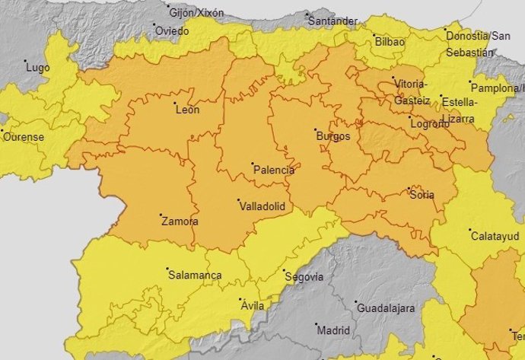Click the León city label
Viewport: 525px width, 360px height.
click(187, 110)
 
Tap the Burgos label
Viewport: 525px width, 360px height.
click(333, 137)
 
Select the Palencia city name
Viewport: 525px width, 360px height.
click(273, 170)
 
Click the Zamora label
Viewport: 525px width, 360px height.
click(180, 221)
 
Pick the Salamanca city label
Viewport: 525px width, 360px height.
click(194, 275)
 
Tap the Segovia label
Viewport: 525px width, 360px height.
click(303, 276)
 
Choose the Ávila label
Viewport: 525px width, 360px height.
click(252, 306)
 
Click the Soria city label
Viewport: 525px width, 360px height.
click(422, 195)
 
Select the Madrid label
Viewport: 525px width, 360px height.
click(332, 331)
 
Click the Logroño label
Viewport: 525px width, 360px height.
click(429, 124)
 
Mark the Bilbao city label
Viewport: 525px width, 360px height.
click(390, 42)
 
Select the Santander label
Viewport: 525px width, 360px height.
click(332, 21)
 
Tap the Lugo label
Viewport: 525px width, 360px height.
click(38, 68)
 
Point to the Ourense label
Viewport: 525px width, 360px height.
click(24, 138)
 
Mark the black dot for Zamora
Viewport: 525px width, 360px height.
click(161, 215)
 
